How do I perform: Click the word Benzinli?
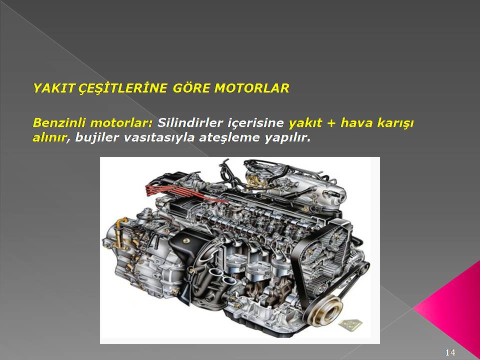(59, 123)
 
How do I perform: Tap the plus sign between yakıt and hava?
(330, 123)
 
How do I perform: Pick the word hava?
(355, 123)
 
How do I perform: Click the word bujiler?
(96, 138)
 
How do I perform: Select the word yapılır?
(287, 138)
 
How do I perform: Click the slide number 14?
(450, 352)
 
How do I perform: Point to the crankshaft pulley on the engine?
(326, 310)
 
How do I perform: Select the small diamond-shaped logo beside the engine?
(350, 324)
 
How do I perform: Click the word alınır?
(49, 138)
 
